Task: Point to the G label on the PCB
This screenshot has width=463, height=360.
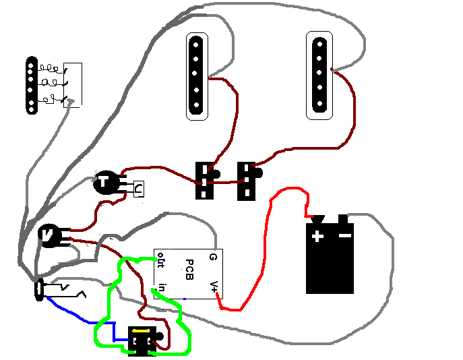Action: (x=212, y=257)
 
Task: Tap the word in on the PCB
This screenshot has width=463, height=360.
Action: (x=162, y=290)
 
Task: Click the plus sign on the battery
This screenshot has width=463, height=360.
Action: (x=317, y=236)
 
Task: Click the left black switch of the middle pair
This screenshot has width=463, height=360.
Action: (x=205, y=181)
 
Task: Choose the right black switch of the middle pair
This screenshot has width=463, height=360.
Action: (x=247, y=181)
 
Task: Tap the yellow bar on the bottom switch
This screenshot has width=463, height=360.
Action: (x=142, y=331)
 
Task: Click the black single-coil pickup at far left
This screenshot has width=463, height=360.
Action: (x=30, y=86)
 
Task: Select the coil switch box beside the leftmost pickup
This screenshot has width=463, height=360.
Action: (x=73, y=85)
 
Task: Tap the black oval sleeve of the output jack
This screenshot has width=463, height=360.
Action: (x=40, y=290)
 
